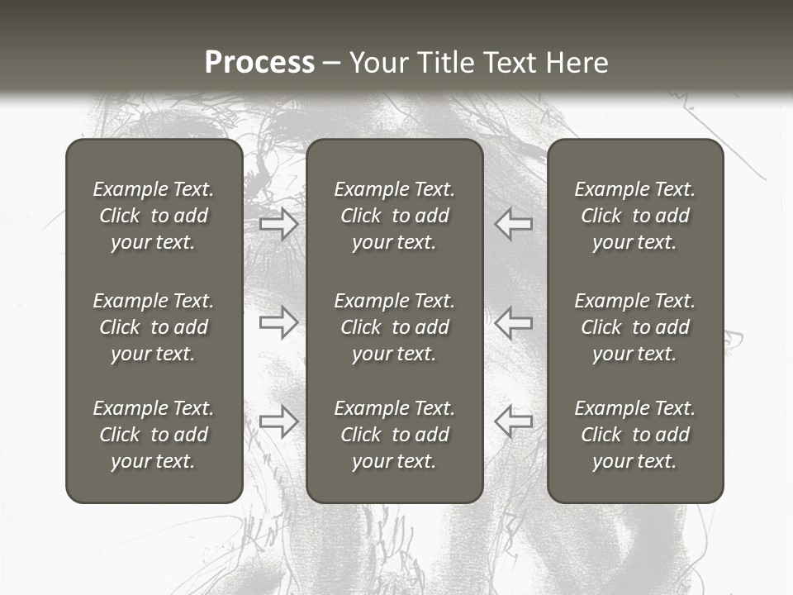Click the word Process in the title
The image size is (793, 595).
click(x=259, y=63)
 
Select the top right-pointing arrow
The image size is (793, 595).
click(x=279, y=224)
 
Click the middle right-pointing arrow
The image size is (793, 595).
click(x=279, y=321)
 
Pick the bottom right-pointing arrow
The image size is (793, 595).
click(x=279, y=421)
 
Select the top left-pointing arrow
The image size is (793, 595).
click(x=513, y=224)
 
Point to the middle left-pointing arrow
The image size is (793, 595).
click(x=513, y=321)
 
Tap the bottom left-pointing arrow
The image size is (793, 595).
click(x=513, y=421)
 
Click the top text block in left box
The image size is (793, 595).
click(x=154, y=216)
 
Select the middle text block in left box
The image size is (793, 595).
click(x=154, y=327)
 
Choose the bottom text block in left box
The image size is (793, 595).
click(x=154, y=435)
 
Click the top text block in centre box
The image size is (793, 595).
click(x=394, y=216)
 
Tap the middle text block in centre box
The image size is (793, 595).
click(x=394, y=327)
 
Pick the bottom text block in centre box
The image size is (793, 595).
click(x=394, y=435)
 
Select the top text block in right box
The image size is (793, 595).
click(x=634, y=216)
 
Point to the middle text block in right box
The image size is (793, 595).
click(x=634, y=327)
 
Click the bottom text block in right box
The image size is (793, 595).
click(x=634, y=435)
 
